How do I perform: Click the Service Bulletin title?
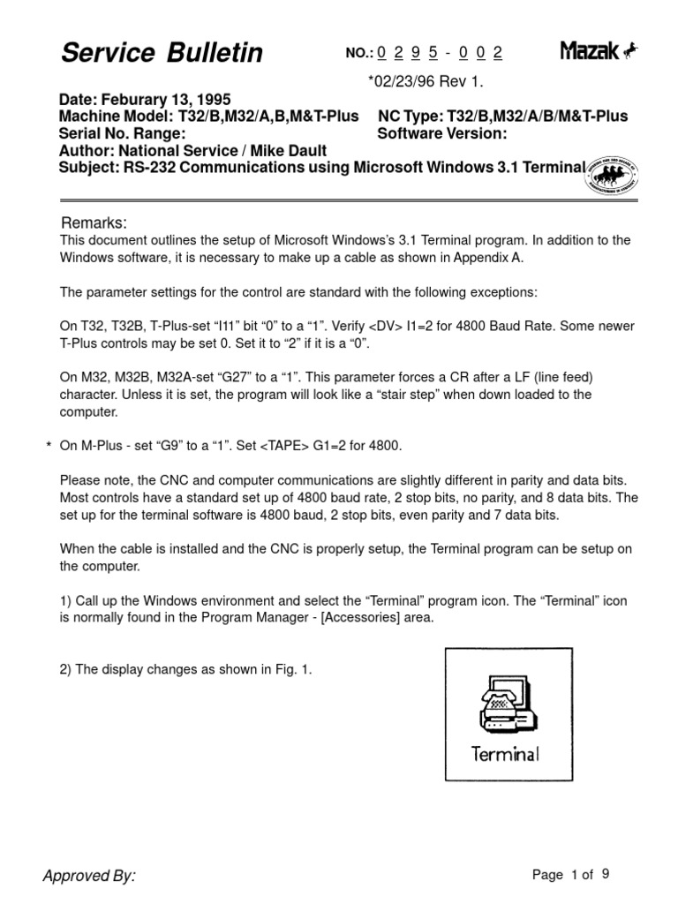tap(162, 54)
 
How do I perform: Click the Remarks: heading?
tap(94, 222)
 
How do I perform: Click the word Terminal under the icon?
tap(505, 754)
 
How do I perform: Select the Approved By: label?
tap(89, 876)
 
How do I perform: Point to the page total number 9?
tap(606, 874)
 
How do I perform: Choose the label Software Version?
tap(442, 134)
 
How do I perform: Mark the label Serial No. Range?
tap(122, 134)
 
